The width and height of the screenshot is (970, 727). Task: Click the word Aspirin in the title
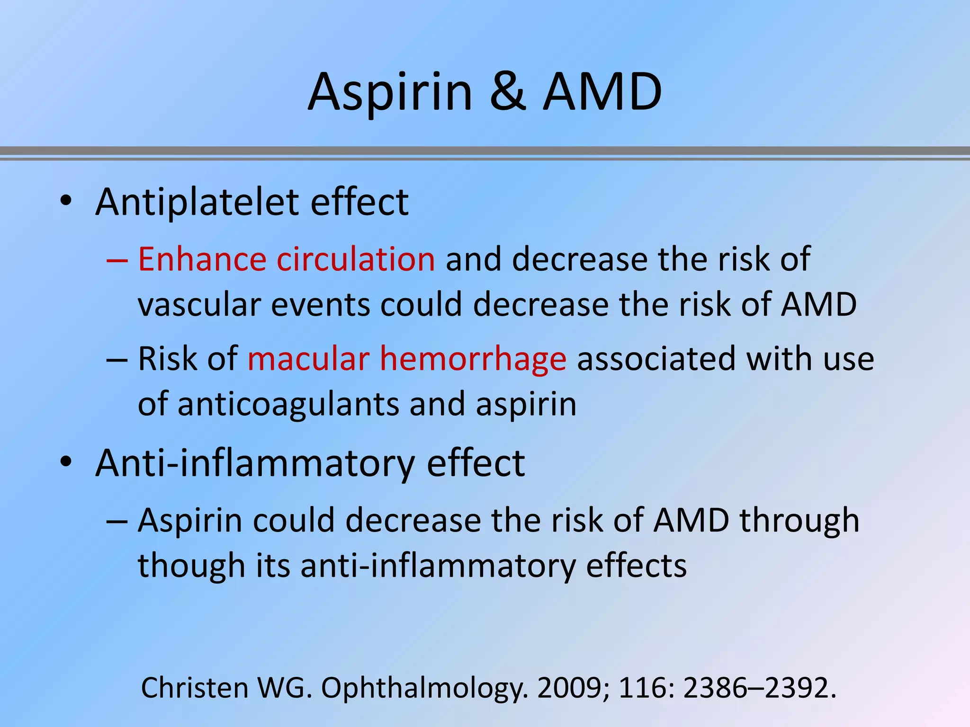point(390,92)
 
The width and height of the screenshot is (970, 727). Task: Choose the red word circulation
point(356,259)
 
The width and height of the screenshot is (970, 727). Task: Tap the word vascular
point(199,304)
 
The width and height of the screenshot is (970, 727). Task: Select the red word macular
point(308,358)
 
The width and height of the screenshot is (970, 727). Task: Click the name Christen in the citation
point(195,687)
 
